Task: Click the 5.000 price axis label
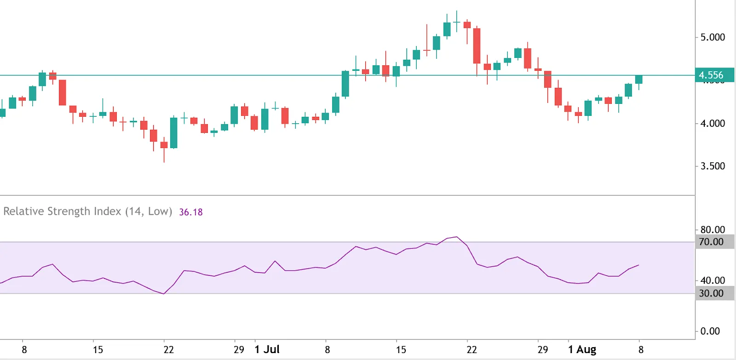coord(712,37)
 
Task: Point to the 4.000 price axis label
coord(712,123)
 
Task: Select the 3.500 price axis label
coord(712,166)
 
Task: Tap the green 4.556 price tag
coord(711,75)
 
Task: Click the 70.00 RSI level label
coord(711,242)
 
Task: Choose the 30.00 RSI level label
coord(711,293)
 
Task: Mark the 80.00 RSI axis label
coord(712,229)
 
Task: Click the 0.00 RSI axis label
coord(710,331)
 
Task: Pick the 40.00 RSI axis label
coord(712,280)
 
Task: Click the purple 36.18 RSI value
coord(191,212)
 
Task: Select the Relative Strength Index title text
coord(87,211)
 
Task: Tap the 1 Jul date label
coord(267,349)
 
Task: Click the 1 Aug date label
coord(582,349)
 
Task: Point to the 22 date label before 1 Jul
coord(169,349)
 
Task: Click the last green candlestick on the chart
coord(638,80)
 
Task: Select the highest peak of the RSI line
coord(456,237)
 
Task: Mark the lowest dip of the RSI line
coord(164,294)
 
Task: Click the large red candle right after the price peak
coord(477,46)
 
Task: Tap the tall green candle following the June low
coord(174,133)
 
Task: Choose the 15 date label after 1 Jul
coord(401,349)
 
